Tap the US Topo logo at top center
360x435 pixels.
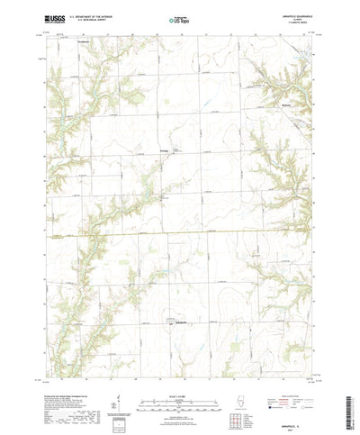(x=179, y=19)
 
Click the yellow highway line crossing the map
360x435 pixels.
(x=180, y=231)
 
